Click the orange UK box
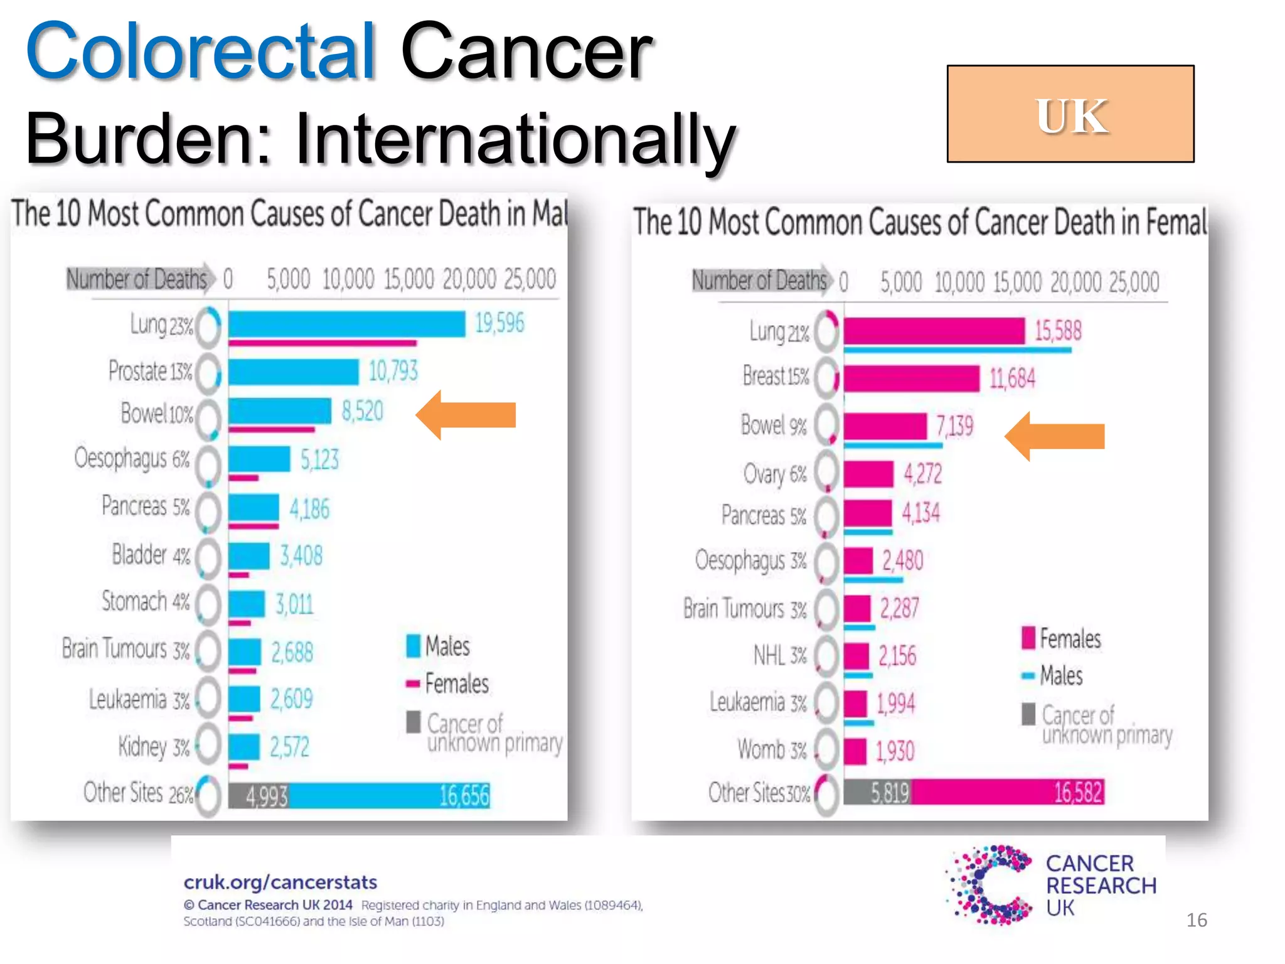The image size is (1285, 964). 1070,114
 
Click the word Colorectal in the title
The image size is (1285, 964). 201,51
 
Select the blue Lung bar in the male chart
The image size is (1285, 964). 346,324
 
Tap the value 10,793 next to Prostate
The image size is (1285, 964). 393,372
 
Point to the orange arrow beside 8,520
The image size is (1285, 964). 466,415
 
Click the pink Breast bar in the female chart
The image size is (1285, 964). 911,378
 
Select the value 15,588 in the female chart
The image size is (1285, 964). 1058,331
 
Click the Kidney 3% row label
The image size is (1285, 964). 154,747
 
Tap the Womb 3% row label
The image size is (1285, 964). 772,750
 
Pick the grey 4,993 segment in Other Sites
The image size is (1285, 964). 259,796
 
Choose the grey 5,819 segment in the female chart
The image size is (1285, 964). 877,792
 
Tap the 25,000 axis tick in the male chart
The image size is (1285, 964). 530,279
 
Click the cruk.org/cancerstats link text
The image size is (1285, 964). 280,882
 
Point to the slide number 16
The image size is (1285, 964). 1196,920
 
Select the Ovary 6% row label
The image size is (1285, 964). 774,474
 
